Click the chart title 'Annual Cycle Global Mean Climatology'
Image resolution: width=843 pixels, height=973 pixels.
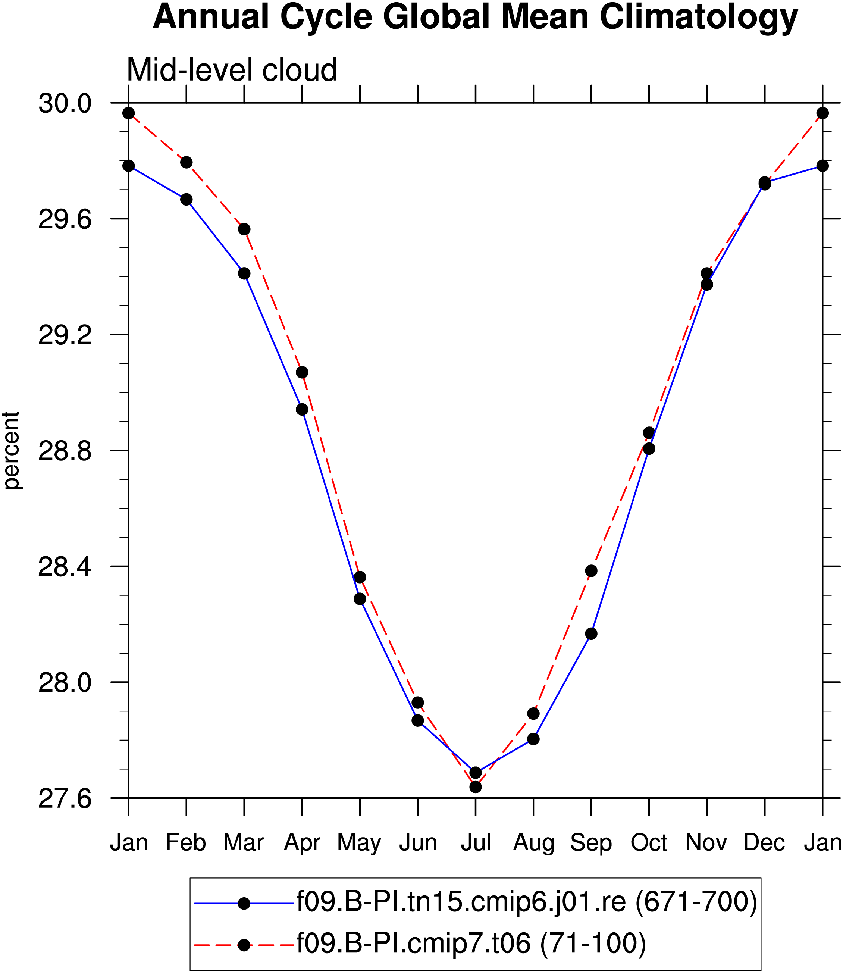point(475,18)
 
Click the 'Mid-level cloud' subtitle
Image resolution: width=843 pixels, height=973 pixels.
point(232,70)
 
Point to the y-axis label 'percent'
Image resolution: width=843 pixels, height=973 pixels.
point(11,450)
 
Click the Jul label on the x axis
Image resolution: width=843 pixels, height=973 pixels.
point(476,843)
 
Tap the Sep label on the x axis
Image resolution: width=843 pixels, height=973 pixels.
point(591,844)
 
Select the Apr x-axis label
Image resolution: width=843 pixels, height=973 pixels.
point(302,844)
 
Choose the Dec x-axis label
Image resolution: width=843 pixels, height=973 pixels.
point(764,843)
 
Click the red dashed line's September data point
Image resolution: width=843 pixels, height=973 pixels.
point(591,571)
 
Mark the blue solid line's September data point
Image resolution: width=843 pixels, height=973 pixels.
point(591,634)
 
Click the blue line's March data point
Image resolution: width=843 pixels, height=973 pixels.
point(244,273)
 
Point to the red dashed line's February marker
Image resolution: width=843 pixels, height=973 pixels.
point(186,162)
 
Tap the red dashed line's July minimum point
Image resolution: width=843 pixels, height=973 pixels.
point(476,787)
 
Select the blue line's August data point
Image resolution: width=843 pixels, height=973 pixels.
point(533,739)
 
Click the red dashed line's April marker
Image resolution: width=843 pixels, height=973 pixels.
point(302,372)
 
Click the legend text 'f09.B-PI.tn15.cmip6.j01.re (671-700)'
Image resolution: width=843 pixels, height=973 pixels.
point(527,902)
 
